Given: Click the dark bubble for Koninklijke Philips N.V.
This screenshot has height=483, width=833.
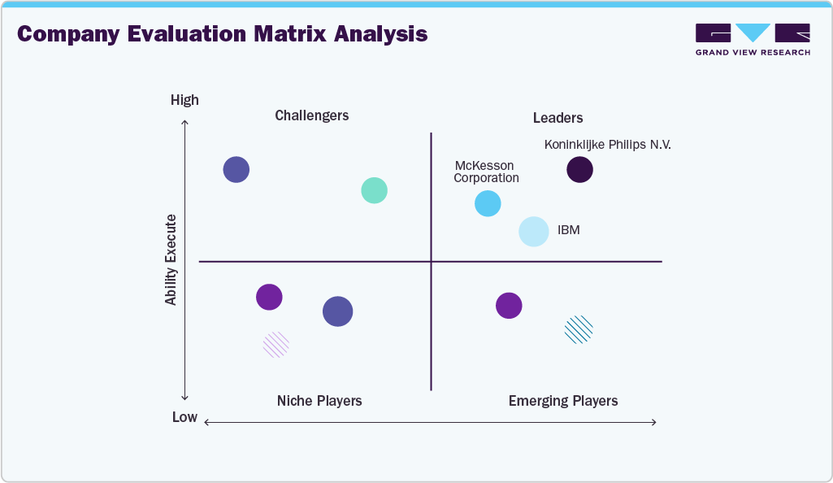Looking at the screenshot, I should coord(579,170).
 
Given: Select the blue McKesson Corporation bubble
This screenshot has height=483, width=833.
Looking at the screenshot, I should coord(488,203).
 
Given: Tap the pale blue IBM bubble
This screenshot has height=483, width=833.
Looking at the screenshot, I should coord(534,232).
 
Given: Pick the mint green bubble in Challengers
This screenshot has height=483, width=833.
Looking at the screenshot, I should coord(374,190).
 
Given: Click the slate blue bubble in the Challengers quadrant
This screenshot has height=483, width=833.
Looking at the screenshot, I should coord(236,170).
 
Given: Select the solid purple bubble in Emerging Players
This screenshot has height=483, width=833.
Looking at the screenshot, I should coord(509,306).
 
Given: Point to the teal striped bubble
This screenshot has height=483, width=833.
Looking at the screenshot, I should coord(579,329).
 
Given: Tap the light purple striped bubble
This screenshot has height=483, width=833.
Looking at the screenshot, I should coord(276,345).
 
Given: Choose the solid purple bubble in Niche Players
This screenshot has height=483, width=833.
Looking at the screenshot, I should coord(269,297).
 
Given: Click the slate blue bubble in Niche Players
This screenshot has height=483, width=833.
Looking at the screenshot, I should coord(338,311).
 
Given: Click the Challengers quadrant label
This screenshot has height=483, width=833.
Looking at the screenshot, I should coord(312,115).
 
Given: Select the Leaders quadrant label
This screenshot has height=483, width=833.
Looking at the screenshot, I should coord(558,118).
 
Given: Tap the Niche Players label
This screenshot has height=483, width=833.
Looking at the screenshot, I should coord(319,401).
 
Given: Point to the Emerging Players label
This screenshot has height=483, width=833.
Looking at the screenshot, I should coord(563,401).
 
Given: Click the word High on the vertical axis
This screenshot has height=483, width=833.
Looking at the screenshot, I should coord(184,100).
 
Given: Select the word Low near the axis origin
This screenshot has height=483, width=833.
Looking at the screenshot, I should coord(184,417).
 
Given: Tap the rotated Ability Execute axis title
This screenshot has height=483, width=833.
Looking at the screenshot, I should coord(171,259).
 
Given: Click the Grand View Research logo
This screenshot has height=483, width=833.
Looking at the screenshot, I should coord(753,39).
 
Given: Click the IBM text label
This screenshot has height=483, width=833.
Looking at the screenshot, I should coord(569,230).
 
